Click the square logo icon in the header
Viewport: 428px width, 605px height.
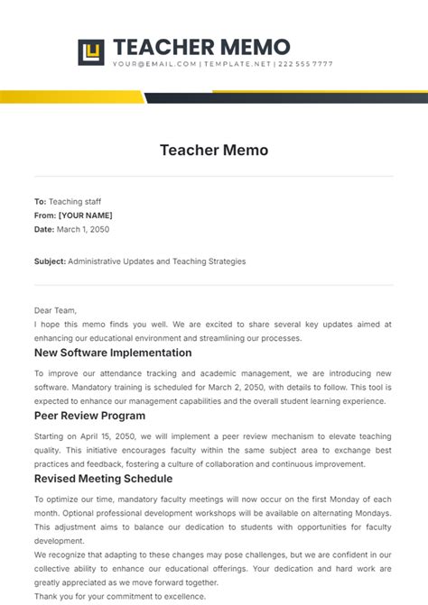pyautogui.click(x=91, y=52)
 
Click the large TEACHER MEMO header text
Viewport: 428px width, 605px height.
pyautogui.click(x=201, y=47)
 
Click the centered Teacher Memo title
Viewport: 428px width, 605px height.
pyautogui.click(x=214, y=150)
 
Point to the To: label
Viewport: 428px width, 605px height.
pyautogui.click(x=40, y=202)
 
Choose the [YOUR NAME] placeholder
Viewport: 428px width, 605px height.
pyautogui.click(x=85, y=215)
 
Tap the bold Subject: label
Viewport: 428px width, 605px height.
pyautogui.click(x=51, y=261)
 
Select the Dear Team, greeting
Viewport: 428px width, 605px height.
pyautogui.click(x=56, y=309)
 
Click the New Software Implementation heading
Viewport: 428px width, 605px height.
pyautogui.click(x=113, y=353)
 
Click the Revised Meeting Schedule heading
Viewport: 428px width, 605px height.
pyautogui.click(x=103, y=479)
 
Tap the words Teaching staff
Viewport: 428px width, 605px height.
pyautogui.click(x=75, y=202)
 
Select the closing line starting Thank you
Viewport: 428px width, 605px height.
pyautogui.click(x=119, y=596)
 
